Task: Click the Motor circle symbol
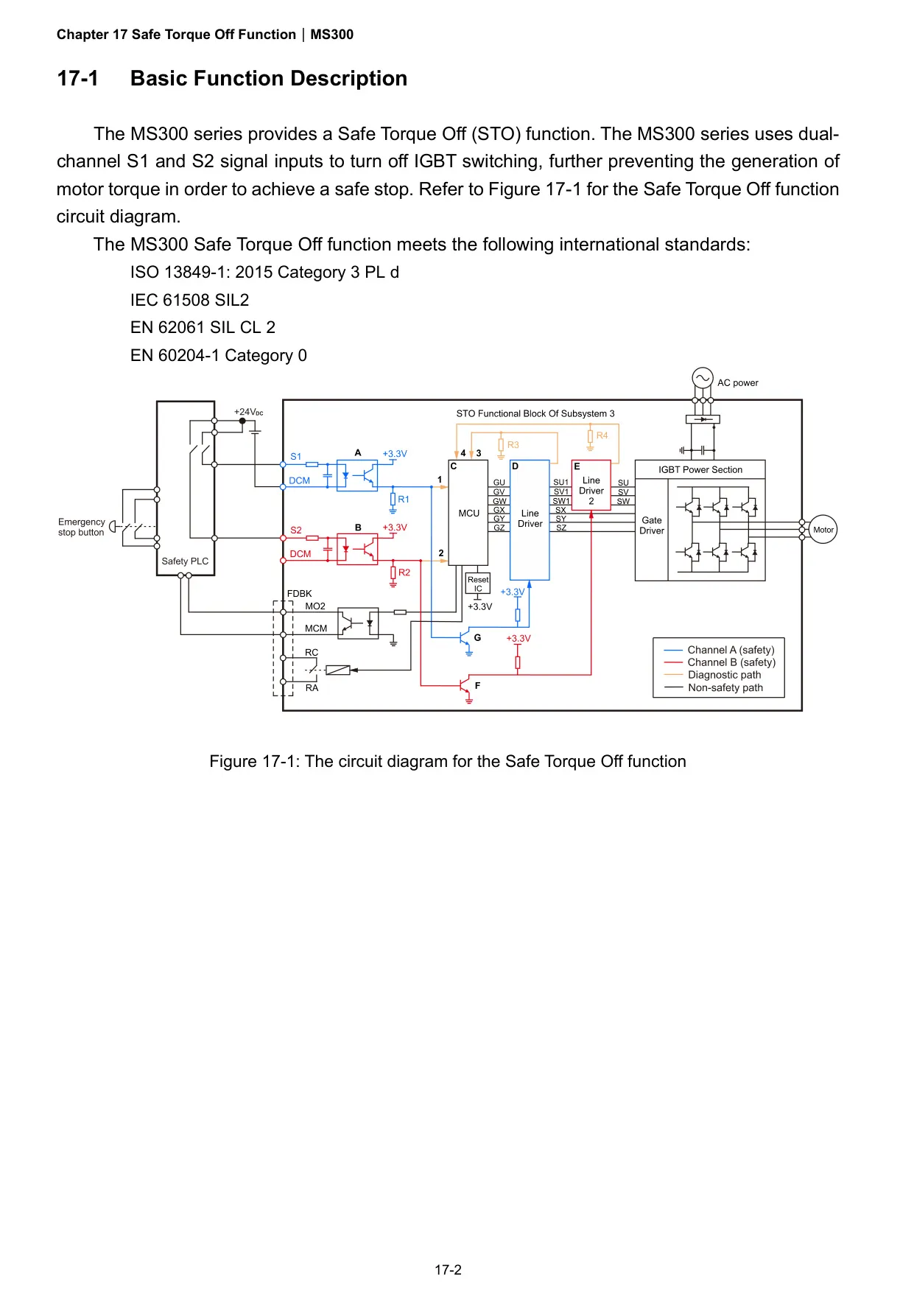tap(823, 530)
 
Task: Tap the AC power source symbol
tap(703, 378)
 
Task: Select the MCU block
tap(468, 513)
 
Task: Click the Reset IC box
tap(478, 584)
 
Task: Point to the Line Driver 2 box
tap(591, 486)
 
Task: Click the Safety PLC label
tap(185, 561)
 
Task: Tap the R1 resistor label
tap(404, 500)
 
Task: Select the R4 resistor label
tap(602, 435)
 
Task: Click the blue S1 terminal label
tap(295, 457)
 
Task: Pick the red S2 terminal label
tap(295, 530)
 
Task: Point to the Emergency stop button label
tap(82, 527)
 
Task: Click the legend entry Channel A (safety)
tap(731, 650)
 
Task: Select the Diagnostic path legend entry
tap(725, 675)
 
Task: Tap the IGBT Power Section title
tap(700, 469)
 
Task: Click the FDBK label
tap(299, 594)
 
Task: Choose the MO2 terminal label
tap(315, 606)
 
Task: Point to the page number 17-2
tap(448, 1269)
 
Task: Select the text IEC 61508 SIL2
tap(190, 300)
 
